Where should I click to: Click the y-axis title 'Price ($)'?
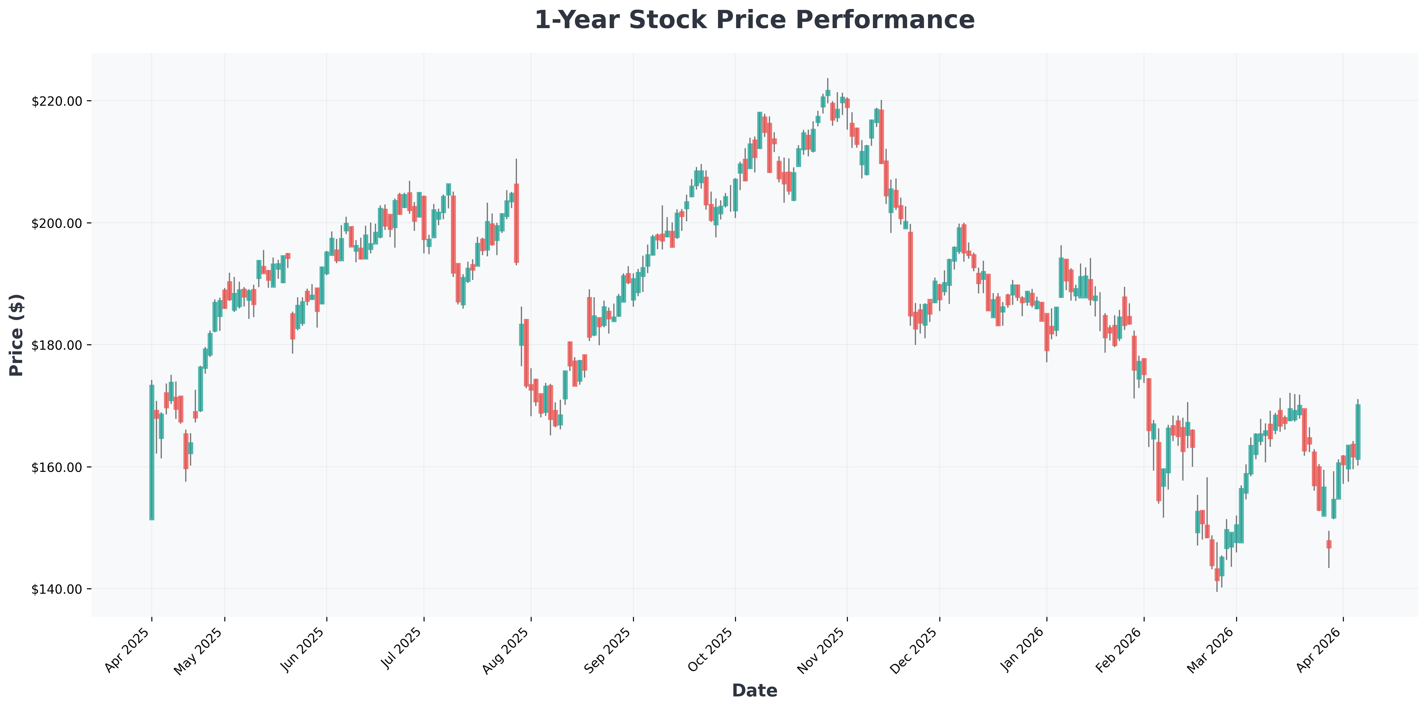pyautogui.click(x=17, y=335)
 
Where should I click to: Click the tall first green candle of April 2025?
pyautogui.click(x=152, y=452)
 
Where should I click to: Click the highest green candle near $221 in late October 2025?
pyautogui.click(x=827, y=93)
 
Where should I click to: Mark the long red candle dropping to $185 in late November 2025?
pyautogui.click(x=910, y=274)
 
